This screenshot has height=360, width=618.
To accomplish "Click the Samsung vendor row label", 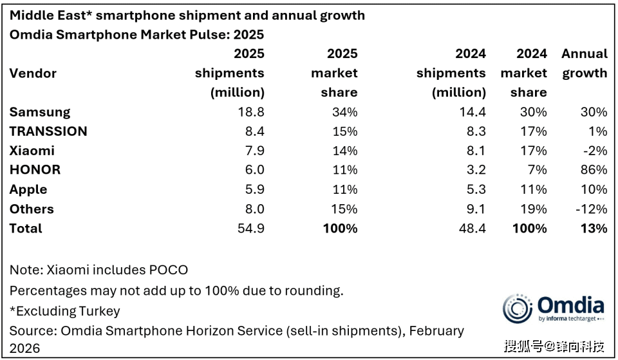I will (40, 112).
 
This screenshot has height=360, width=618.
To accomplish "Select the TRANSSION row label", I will (48, 131).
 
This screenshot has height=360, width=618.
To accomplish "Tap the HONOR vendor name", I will (35, 170).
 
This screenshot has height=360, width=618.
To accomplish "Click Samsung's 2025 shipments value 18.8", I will (250, 112).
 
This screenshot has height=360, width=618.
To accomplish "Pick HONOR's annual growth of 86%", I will (593, 170).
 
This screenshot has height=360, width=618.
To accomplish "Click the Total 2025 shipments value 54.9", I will (250, 228).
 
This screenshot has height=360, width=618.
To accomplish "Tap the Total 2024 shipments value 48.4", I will (472, 228).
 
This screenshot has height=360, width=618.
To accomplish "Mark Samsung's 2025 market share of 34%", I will (344, 112).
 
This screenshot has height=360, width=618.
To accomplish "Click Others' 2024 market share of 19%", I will (534, 209).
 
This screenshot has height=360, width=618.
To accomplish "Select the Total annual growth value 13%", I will (593, 228).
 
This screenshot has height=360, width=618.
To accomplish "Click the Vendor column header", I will (33, 73).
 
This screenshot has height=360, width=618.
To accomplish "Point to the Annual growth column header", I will (584, 63).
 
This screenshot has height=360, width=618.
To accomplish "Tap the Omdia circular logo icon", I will (517, 308).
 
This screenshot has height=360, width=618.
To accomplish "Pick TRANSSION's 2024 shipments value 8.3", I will (474, 131).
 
